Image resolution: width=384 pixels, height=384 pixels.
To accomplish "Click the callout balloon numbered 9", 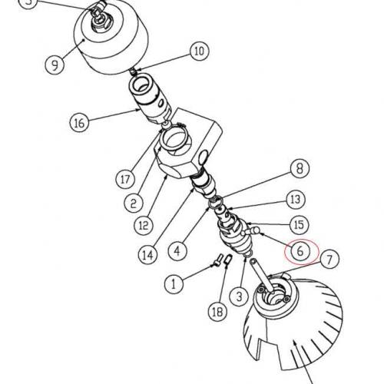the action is point(55,65).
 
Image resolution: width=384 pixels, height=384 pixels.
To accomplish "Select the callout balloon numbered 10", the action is point(200,51).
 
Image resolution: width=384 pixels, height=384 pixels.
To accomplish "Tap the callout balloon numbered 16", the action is point(79,123).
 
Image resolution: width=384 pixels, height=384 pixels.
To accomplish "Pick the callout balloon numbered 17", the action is point(125,179).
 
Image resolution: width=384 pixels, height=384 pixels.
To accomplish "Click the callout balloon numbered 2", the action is point(134,203).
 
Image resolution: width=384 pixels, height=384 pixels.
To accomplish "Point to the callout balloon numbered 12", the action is point(144,226).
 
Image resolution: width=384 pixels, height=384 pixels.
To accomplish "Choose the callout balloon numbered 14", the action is point(148,255).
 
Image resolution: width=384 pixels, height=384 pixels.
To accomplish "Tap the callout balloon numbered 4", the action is point(177,250).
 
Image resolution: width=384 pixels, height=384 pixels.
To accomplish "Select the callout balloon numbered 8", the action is point(300,168).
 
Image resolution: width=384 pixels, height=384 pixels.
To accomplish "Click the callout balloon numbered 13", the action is point(296,200).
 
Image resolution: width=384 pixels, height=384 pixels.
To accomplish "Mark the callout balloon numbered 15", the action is point(299,225).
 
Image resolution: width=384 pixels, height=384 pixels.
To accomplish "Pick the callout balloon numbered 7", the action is point(329,259).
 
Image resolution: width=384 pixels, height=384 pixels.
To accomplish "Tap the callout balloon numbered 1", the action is point(174,284).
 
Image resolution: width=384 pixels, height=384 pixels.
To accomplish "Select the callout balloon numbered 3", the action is point(239,296).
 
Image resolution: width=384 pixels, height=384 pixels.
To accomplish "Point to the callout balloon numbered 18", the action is point(218,312).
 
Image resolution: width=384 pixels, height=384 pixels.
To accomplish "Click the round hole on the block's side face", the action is point(204,157).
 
